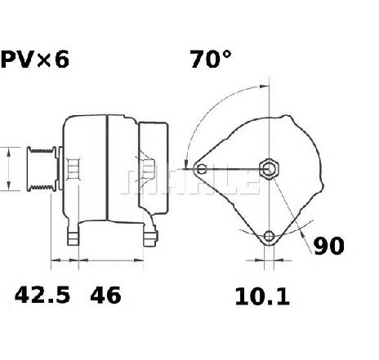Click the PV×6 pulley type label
[x=35, y=60]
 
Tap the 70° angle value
[x=211, y=59]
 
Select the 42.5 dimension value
[x=42, y=296]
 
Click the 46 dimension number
[x=105, y=296]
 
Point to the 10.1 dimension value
[x=262, y=296]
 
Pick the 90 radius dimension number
[x=329, y=246]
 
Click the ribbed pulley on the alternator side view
[x=42, y=169]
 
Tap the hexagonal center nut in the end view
[x=269, y=169]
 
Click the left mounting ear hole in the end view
[x=202, y=169]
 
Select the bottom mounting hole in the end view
[x=269, y=236]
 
